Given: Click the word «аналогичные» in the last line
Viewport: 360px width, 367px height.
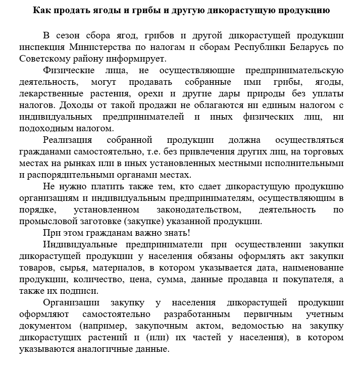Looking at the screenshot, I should pos(106,349).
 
